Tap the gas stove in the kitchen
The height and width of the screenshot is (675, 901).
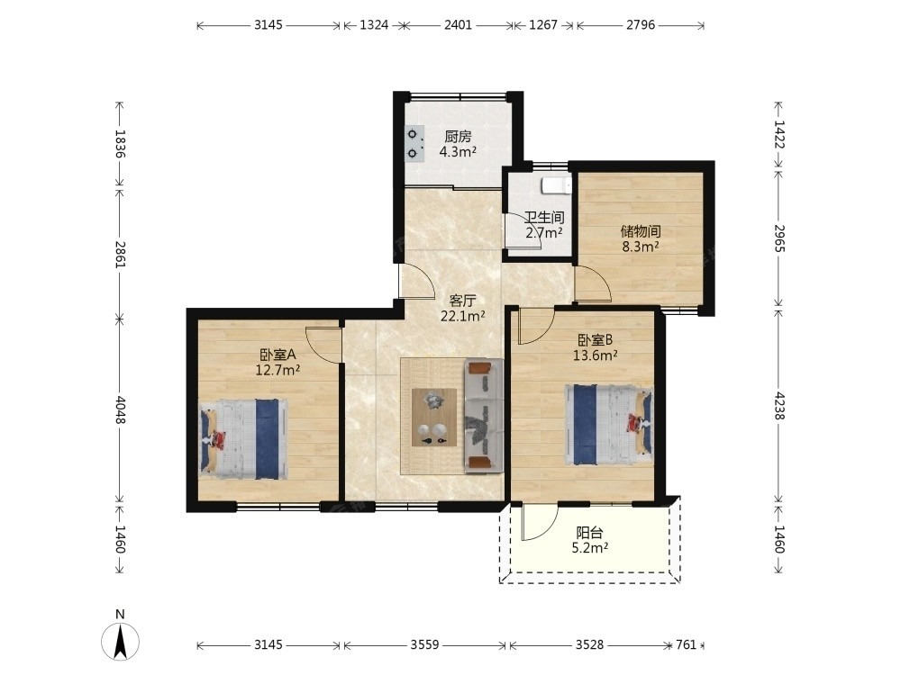tap(414, 143)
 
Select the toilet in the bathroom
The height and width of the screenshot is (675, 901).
tap(556, 186)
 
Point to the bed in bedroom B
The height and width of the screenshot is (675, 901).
tap(609, 425)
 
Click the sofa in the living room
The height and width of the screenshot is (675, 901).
tap(484, 416)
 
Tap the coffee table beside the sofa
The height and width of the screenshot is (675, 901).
tap(434, 418)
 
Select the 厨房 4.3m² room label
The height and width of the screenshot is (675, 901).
tap(458, 144)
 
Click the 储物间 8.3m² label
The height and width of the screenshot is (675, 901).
tap(640, 238)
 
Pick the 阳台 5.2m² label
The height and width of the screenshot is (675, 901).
tap(589, 540)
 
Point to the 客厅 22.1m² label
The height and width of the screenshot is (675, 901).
tap(462, 308)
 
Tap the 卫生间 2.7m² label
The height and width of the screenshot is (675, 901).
tap(543, 225)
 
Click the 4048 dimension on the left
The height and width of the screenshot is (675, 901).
tap(120, 409)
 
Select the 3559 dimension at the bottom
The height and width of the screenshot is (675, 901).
tap(424, 644)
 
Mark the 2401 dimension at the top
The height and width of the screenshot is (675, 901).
tap(458, 24)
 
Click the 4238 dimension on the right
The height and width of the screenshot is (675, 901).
tap(779, 406)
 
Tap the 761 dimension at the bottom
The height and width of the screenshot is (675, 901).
tap(686, 644)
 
